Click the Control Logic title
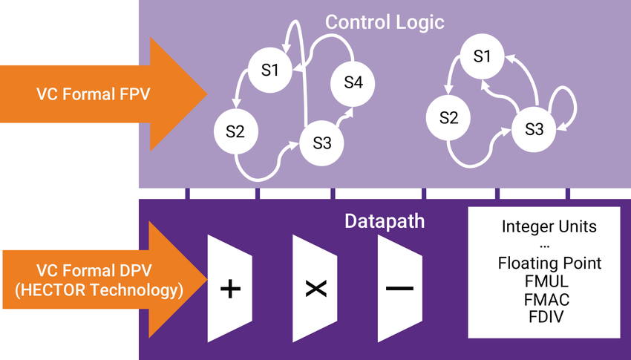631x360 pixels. [x=385, y=22]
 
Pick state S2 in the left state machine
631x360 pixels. [x=235, y=132]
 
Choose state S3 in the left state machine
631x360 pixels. [x=321, y=143]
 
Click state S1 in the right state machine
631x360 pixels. [x=483, y=56]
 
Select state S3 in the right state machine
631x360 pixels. [x=534, y=129]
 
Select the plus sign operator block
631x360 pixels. [x=231, y=289]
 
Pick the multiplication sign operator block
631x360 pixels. [x=316, y=289]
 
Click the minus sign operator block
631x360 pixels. [x=400, y=289]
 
